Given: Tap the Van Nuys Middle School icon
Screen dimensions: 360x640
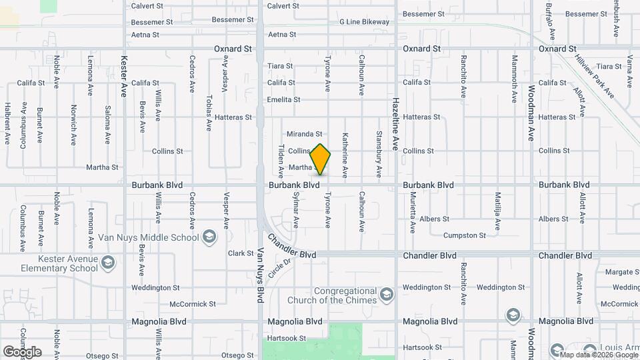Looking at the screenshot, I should [x=209, y=237].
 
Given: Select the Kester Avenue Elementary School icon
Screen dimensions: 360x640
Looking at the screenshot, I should [x=107, y=263].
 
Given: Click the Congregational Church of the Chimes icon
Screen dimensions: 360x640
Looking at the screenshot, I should [x=386, y=295].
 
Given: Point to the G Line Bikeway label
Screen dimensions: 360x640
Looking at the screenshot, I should [x=363, y=22].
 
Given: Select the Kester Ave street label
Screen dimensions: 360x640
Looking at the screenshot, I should [x=124, y=77].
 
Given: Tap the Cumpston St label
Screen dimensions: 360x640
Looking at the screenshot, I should [x=465, y=235].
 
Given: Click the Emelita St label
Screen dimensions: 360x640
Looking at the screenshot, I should [x=283, y=100].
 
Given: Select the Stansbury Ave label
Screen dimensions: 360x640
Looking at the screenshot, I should [x=379, y=154].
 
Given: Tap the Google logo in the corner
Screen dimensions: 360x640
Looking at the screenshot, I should [x=22, y=351].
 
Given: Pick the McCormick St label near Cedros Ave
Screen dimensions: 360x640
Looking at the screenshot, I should [x=193, y=304].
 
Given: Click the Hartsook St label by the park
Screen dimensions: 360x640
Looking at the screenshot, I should [x=285, y=338].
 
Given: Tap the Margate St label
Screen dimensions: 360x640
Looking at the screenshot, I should [x=623, y=272].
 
